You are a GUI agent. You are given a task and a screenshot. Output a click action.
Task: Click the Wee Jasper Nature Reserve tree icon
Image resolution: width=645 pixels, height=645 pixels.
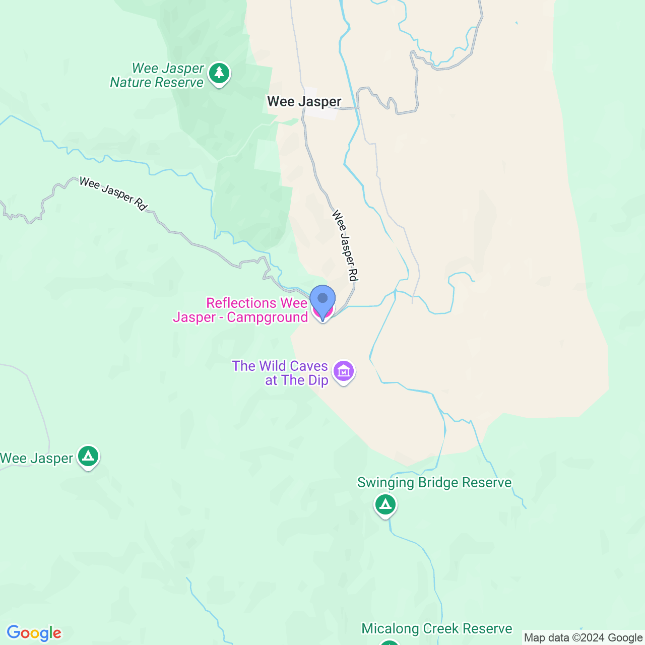[x=219, y=74]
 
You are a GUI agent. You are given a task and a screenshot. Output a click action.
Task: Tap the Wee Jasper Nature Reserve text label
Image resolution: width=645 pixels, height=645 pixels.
[x=157, y=76]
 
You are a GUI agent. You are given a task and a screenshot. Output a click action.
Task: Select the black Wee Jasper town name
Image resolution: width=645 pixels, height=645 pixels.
[x=304, y=102]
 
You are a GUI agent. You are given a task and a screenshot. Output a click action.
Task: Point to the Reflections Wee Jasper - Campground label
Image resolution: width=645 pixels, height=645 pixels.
[x=240, y=310]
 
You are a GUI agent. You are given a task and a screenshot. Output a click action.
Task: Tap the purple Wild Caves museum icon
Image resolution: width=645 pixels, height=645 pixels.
[x=344, y=372]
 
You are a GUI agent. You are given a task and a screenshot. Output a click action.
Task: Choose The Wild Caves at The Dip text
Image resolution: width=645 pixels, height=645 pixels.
[x=280, y=373]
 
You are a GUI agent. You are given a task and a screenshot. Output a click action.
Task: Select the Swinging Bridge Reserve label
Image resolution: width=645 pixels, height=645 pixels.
[x=434, y=483]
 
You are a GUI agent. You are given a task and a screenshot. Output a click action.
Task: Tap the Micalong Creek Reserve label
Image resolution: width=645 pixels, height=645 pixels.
[x=436, y=629]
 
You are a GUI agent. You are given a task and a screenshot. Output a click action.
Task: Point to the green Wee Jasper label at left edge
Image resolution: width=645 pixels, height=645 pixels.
[x=36, y=459]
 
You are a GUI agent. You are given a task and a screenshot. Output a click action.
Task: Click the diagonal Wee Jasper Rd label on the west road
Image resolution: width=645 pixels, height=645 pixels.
[x=113, y=193]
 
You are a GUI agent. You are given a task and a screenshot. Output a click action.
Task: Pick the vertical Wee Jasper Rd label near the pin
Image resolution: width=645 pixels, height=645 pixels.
[x=345, y=245]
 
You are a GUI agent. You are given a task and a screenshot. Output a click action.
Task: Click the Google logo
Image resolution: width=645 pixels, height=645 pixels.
[x=34, y=633]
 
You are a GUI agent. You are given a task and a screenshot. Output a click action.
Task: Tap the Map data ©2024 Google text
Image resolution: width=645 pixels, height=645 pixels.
[x=583, y=638]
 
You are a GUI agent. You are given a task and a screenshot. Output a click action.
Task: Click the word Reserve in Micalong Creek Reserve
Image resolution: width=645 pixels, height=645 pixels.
[x=487, y=629]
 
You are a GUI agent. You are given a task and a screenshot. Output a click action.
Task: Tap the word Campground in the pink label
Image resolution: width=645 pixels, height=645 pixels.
[x=267, y=317]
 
